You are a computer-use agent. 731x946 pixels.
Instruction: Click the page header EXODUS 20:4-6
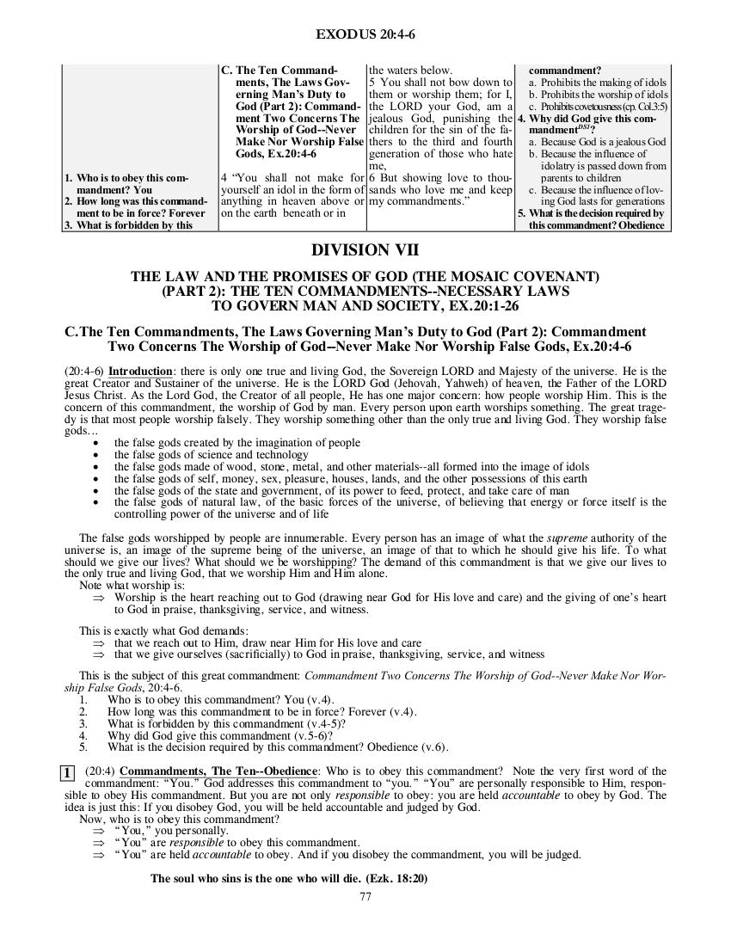pos(365,34)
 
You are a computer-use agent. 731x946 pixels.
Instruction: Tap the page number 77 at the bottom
pos(365,897)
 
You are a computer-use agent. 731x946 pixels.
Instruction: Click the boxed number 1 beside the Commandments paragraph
pos(67,771)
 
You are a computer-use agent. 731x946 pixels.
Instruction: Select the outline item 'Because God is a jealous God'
pos(597,141)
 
